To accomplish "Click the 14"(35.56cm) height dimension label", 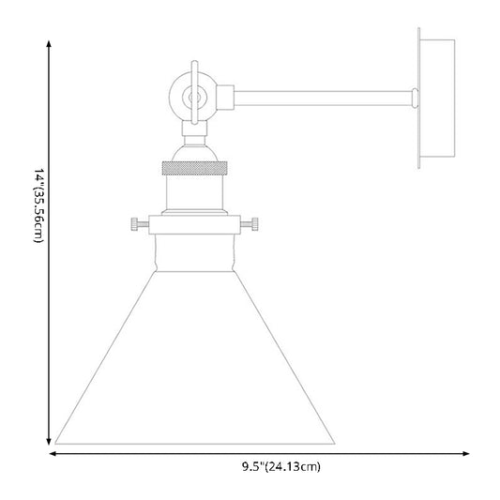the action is tap(38, 205).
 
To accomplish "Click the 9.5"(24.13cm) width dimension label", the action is tap(280, 467).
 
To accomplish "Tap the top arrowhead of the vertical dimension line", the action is tap(49, 44).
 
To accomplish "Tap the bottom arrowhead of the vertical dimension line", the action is tap(49, 441).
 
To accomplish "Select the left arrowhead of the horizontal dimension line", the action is tap(53, 453).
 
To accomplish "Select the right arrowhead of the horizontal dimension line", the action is tap(466, 453).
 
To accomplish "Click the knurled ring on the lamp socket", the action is tap(194, 168).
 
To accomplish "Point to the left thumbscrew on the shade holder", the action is tap(140, 224).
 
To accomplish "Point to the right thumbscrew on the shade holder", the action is tap(250, 224).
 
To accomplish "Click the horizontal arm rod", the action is tap(324, 98).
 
